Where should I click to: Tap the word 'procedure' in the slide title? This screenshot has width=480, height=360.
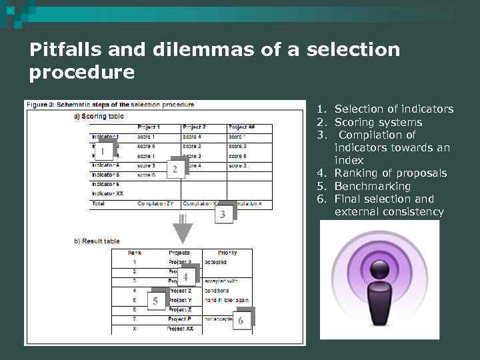click(81, 72)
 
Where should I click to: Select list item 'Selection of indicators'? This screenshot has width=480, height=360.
click(393, 109)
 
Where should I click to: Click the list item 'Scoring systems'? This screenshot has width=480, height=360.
click(378, 122)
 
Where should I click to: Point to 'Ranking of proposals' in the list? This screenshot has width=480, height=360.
click(390, 173)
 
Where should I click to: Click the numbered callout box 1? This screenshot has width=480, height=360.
click(103, 151)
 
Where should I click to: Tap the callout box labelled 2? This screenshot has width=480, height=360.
click(175, 169)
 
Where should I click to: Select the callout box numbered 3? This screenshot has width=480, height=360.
click(223, 214)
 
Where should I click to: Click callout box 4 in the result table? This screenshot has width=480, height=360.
click(185, 276)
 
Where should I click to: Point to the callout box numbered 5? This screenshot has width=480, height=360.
click(155, 301)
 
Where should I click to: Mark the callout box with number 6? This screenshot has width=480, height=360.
click(241, 320)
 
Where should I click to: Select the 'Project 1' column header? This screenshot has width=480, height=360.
click(149, 127)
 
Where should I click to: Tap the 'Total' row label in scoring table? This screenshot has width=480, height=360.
click(98, 203)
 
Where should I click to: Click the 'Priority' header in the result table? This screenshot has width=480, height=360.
click(227, 253)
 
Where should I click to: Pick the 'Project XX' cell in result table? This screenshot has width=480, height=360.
click(180, 329)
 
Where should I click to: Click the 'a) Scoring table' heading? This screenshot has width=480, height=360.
click(99, 115)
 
